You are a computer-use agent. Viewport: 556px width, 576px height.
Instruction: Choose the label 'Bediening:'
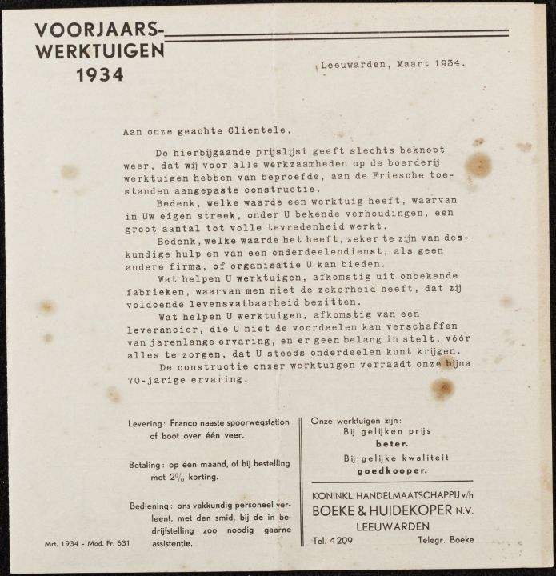coord(150,506)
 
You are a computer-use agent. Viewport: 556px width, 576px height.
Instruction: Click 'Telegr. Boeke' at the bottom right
coord(446,540)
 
